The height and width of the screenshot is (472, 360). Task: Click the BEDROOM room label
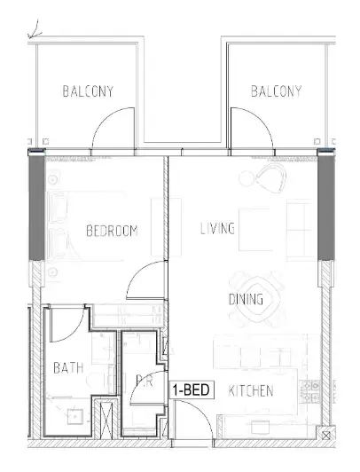click(112, 231)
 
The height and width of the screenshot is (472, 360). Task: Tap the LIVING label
click(217, 228)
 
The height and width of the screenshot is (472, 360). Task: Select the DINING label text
click(246, 299)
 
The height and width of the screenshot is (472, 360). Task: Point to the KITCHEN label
click(251, 390)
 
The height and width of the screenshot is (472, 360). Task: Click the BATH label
click(68, 368)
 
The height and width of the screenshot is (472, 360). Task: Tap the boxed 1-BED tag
click(192, 390)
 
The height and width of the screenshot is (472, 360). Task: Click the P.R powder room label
click(145, 382)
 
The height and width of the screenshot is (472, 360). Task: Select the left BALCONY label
click(88, 91)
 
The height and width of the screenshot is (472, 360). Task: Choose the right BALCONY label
click(276, 91)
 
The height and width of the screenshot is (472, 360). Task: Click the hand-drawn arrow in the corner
click(35, 30)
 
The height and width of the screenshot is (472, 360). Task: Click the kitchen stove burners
click(310, 391)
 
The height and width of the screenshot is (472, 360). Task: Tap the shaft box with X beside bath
click(106, 418)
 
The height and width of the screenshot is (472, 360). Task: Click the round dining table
click(256, 299)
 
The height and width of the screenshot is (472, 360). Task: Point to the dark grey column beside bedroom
click(36, 208)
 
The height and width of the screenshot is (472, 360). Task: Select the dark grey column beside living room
click(326, 208)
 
